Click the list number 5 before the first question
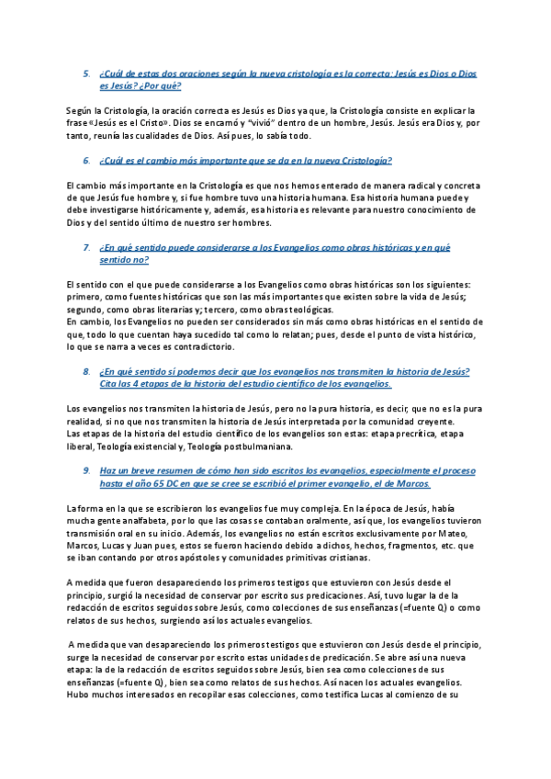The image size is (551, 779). tap(85, 73)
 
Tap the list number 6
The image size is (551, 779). tap(85, 160)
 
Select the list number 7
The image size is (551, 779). tap(85, 247)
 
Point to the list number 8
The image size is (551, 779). tap(85, 371)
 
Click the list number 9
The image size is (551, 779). tap(85, 470)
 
